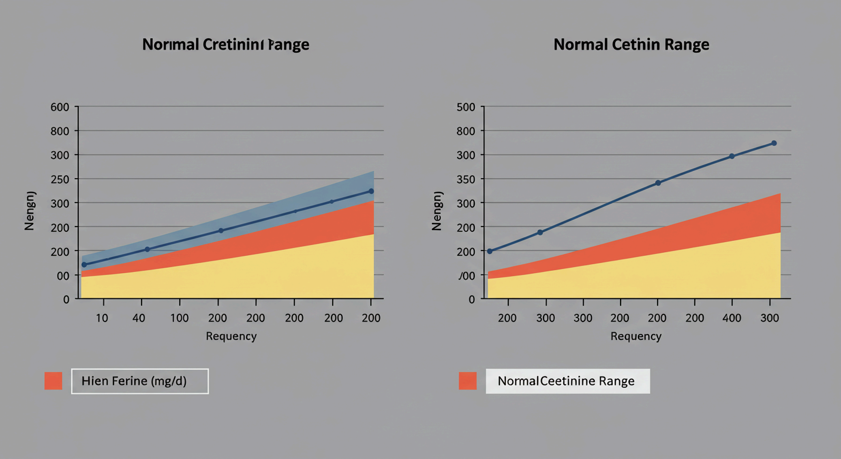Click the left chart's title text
point(226,45)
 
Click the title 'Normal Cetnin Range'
point(631,45)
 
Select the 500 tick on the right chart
point(465,107)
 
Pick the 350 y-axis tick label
point(465,179)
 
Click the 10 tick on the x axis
point(102,318)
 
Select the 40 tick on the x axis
point(139,318)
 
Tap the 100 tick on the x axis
point(179,318)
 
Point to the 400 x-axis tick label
point(732,318)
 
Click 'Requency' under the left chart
point(231,336)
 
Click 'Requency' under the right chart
point(636,336)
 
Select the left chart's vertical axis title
point(30,210)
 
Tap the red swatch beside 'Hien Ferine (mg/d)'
point(53,381)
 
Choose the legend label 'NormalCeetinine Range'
point(566,381)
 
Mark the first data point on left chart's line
point(84,264)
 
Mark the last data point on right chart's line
point(774,143)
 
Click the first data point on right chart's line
point(490,251)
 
